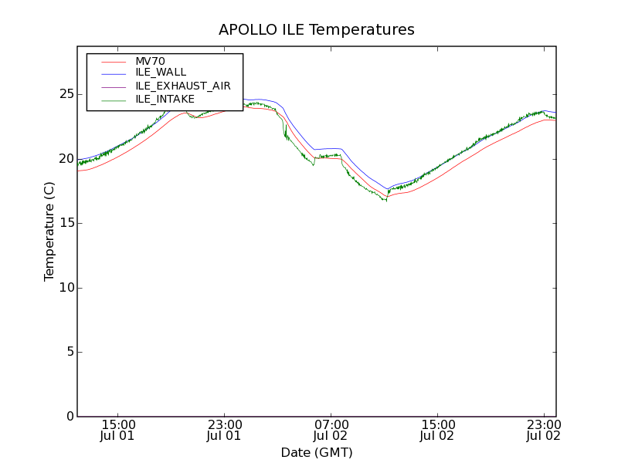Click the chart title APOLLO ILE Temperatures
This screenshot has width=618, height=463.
pyautogui.click(x=317, y=30)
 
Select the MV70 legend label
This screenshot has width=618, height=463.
pyautogui.click(x=150, y=61)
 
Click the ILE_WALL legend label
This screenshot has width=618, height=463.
pyautogui.click(x=161, y=73)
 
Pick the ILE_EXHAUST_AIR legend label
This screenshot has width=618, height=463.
pyautogui.click(x=183, y=86)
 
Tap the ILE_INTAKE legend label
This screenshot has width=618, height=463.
pyautogui.click(x=165, y=99)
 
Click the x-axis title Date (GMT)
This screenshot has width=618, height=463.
pyautogui.click(x=317, y=452)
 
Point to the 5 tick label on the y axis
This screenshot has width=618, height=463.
pyautogui.click(x=67, y=352)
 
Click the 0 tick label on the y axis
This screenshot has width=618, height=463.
pyautogui.click(x=67, y=417)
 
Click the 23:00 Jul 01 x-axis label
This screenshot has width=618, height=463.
pyautogui.click(x=224, y=430)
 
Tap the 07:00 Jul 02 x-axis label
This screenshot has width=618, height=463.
pyautogui.click(x=331, y=430)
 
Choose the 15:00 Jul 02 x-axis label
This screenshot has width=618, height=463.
pyautogui.click(x=437, y=430)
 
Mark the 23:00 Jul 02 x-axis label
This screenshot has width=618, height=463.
pyautogui.click(x=544, y=430)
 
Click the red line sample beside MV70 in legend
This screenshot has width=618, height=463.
pyautogui.click(x=113, y=61)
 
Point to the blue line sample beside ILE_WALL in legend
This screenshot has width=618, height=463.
pyautogui.click(x=113, y=73)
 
